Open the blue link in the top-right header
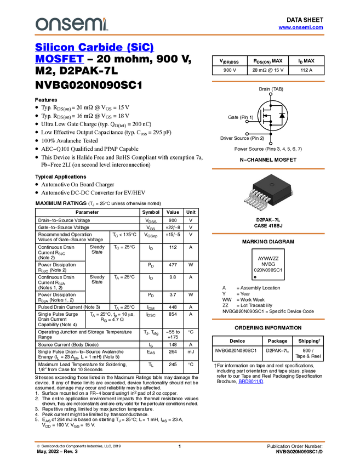[300, 28]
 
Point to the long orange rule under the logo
[179, 35]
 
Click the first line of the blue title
[94, 48]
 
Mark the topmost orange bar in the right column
[268, 82]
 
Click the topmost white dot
[271, 94]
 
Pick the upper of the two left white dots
[247, 121]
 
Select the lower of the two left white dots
[247, 134]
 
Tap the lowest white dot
[271, 143]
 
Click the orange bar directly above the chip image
[268, 169]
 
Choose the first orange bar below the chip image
[268, 234]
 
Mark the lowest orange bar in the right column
[268, 319]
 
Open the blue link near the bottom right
[251, 382]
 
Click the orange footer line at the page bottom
[179, 441]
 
